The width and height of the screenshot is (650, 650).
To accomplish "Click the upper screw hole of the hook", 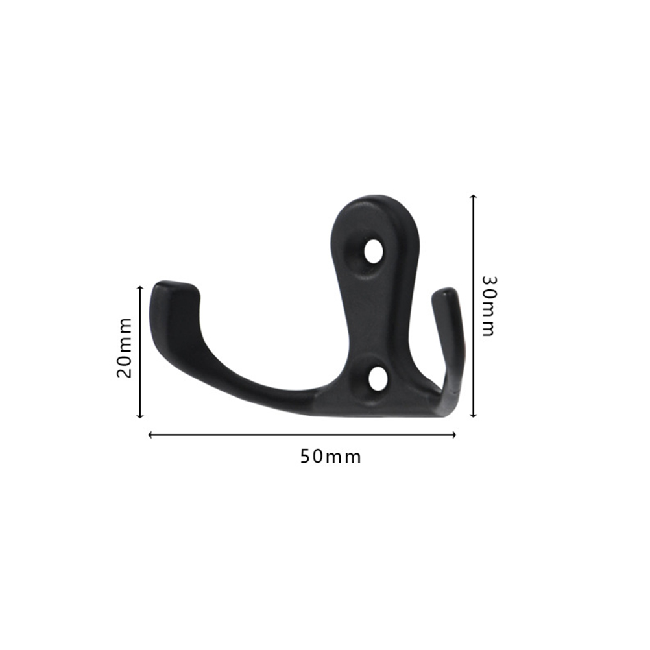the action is (374, 251).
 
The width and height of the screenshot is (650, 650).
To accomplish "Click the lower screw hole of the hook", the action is (378, 378).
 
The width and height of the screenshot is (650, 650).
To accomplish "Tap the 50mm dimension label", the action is (330, 457).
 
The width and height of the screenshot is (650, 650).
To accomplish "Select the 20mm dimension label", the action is (125, 348).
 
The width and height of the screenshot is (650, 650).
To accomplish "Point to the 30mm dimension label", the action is (488, 306).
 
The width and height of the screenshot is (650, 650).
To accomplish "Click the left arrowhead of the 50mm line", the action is (150, 435).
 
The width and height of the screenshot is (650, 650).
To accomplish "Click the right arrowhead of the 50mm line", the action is (454, 435).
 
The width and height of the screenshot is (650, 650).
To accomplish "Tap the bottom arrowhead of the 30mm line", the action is (474, 415).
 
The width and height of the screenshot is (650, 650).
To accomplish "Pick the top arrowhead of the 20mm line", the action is (140, 287).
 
